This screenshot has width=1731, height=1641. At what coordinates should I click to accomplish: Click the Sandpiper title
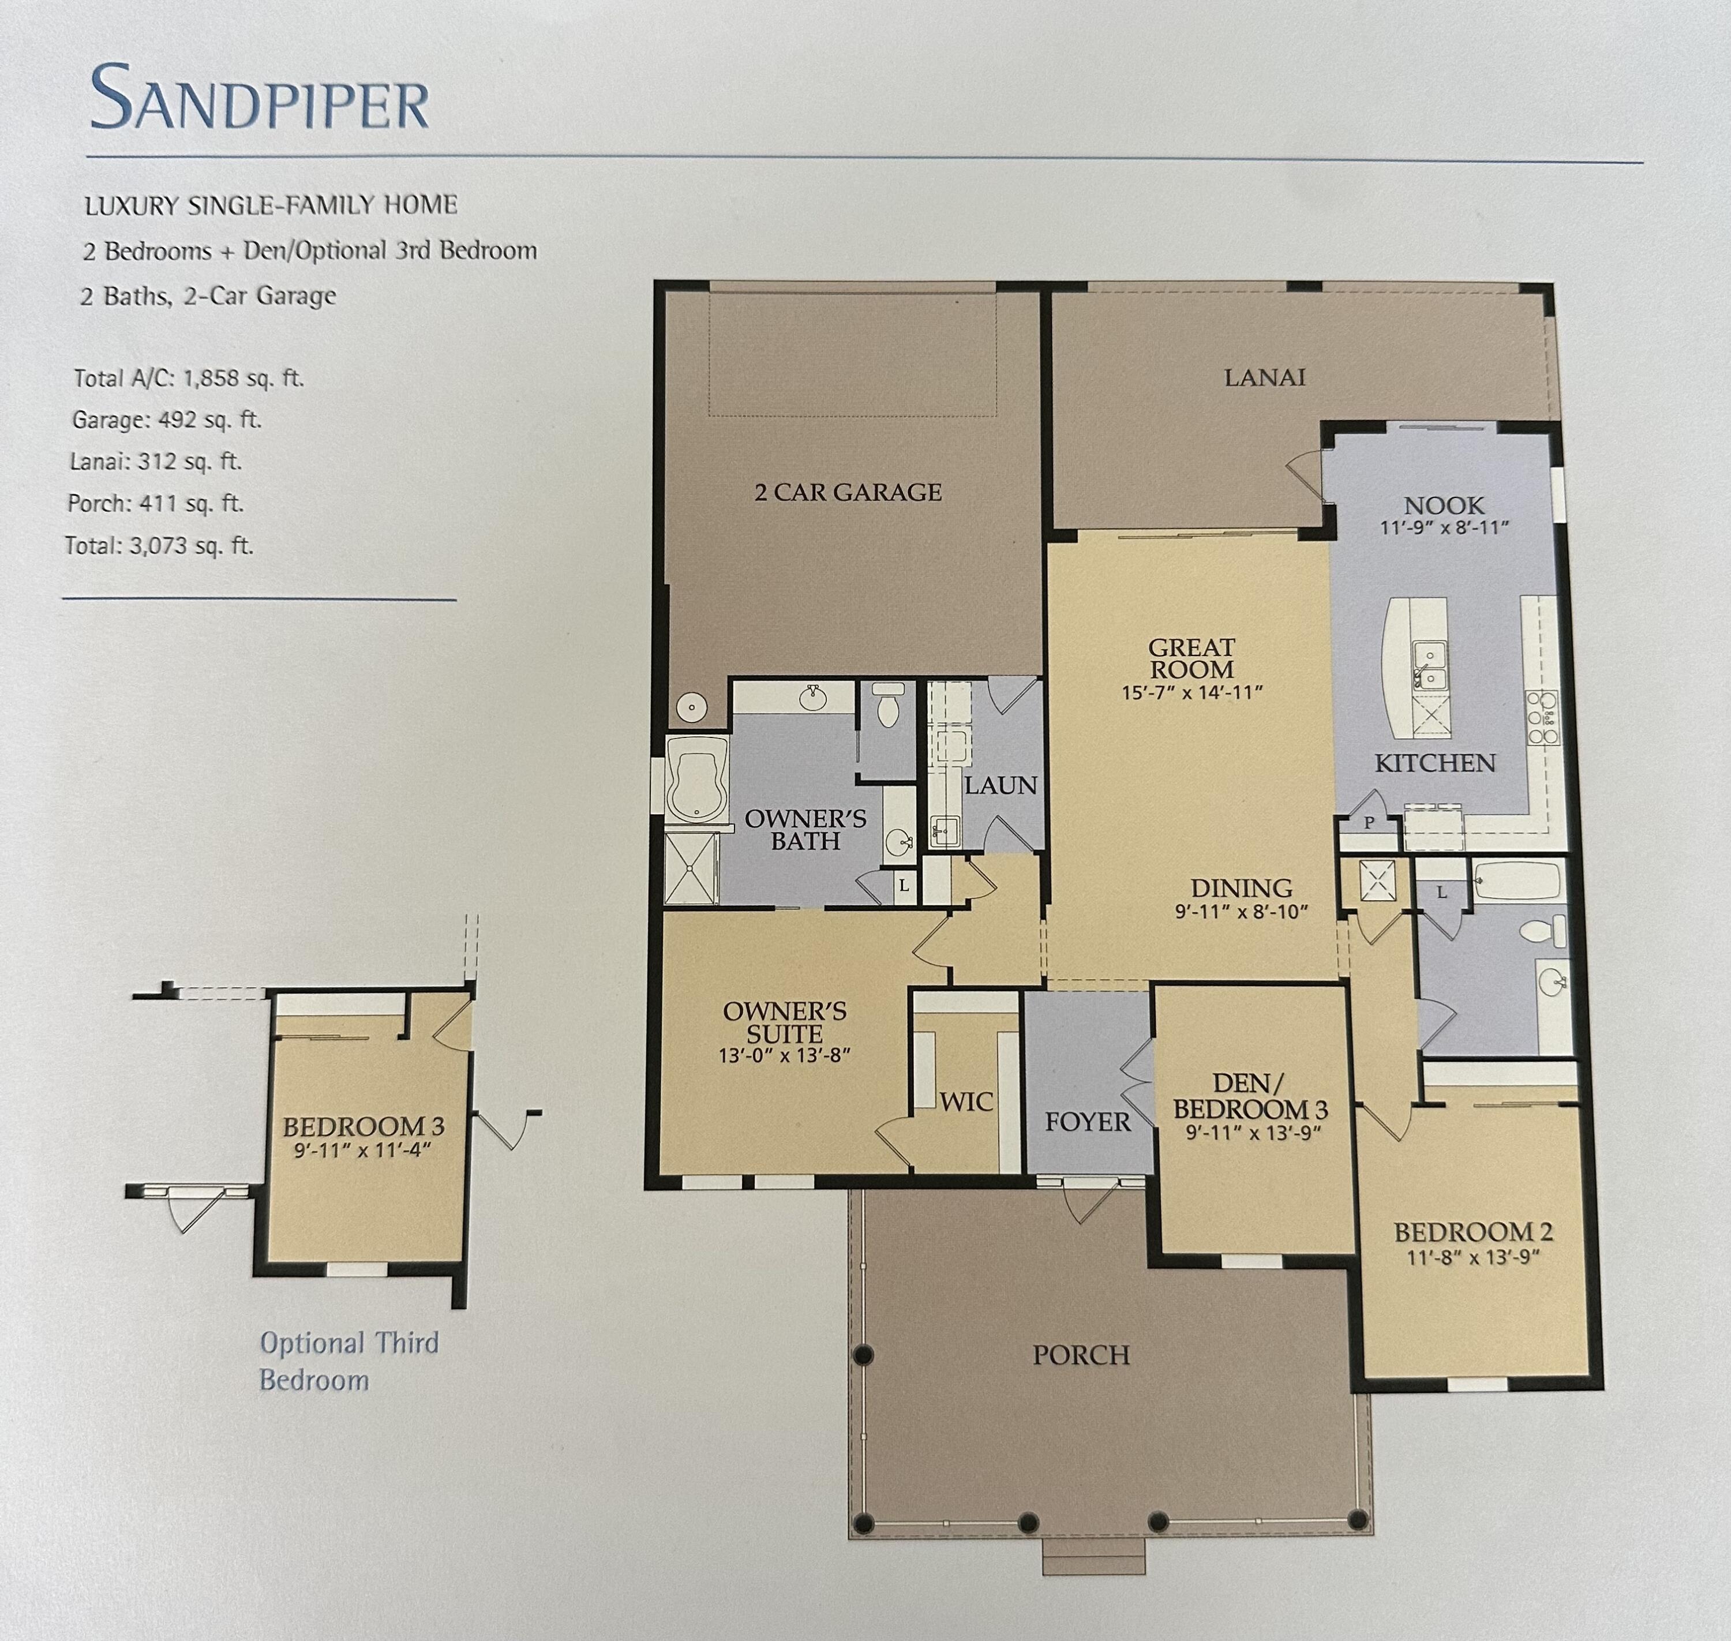click(259, 98)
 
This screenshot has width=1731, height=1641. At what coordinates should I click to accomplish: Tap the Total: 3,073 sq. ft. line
click(159, 546)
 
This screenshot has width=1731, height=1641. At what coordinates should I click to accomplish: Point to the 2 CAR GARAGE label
click(848, 493)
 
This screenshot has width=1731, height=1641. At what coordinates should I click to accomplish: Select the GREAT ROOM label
click(1192, 658)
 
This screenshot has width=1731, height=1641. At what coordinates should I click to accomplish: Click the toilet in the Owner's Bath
click(888, 706)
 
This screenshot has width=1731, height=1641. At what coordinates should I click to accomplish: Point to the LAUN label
click(1001, 785)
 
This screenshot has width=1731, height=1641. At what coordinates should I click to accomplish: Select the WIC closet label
click(966, 1102)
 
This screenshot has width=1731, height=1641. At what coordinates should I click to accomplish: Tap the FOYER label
click(1087, 1122)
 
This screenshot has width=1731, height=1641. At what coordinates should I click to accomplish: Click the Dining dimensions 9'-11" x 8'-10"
click(1241, 912)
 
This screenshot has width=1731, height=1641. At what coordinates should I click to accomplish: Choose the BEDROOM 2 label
click(1473, 1232)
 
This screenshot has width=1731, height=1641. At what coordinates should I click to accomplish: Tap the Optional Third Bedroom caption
click(348, 1361)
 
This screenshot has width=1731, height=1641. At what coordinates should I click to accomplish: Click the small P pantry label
click(1369, 822)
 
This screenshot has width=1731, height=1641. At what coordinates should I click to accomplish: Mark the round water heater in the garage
click(692, 706)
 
